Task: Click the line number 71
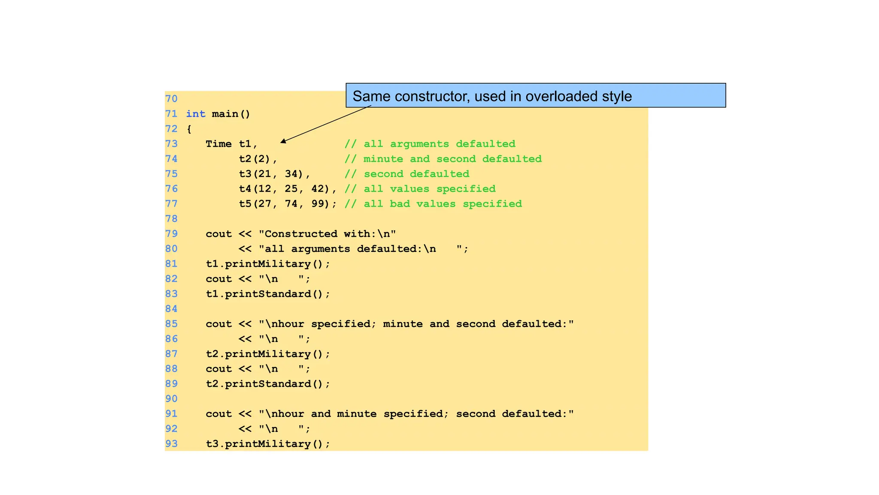pyautogui.click(x=171, y=114)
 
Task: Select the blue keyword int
pyautogui.click(x=195, y=114)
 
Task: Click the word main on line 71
pyautogui.click(x=225, y=114)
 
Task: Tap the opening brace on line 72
pyautogui.click(x=189, y=129)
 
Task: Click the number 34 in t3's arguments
pyautogui.click(x=291, y=174)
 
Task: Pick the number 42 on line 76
pyautogui.click(x=318, y=189)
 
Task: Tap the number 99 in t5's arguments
pyautogui.click(x=318, y=204)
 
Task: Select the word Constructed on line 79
pyautogui.click(x=301, y=234)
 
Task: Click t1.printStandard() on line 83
pyautogui.click(x=268, y=294)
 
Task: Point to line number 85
pyautogui.click(x=171, y=324)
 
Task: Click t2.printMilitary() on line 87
pyautogui.click(x=268, y=354)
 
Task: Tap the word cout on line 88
pyautogui.click(x=218, y=369)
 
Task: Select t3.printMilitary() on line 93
pyautogui.click(x=268, y=444)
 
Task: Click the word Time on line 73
pyautogui.click(x=218, y=144)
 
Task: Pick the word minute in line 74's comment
pyautogui.click(x=383, y=159)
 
